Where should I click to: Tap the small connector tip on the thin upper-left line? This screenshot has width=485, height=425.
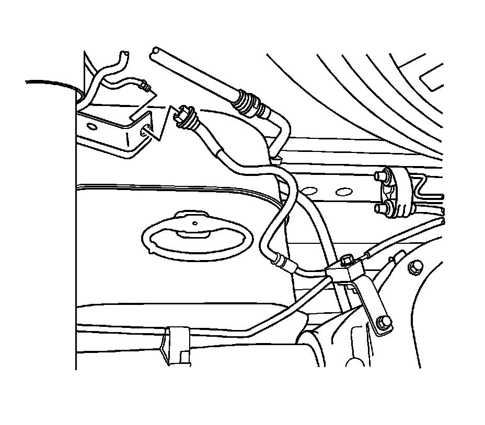(x=147, y=84)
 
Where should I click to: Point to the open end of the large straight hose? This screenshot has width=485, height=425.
(x=154, y=51)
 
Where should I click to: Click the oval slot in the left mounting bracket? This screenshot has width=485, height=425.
(x=91, y=126)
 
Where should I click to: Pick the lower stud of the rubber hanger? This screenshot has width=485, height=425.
(x=381, y=209)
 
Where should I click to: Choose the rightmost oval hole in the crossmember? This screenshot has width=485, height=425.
(x=344, y=192)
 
